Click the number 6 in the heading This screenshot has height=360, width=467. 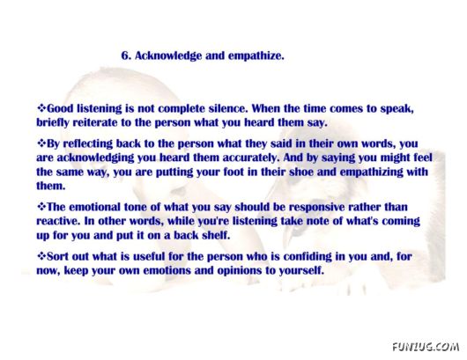tap(125, 55)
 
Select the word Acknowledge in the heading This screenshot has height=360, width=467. tap(168, 56)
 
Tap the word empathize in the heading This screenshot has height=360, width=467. tap(256, 56)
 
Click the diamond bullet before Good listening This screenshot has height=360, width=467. tap(41, 107)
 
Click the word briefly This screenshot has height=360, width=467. tap(52, 122)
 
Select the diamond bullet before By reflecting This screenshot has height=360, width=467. tap(41, 143)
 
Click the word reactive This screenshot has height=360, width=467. tap(58, 221)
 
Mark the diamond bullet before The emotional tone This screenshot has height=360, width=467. tap(41, 206)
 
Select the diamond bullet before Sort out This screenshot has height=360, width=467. tap(41, 255)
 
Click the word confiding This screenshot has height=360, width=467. tap(307, 257)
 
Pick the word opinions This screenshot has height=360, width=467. tap(241, 271)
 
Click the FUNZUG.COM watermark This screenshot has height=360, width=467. tap(426, 347)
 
